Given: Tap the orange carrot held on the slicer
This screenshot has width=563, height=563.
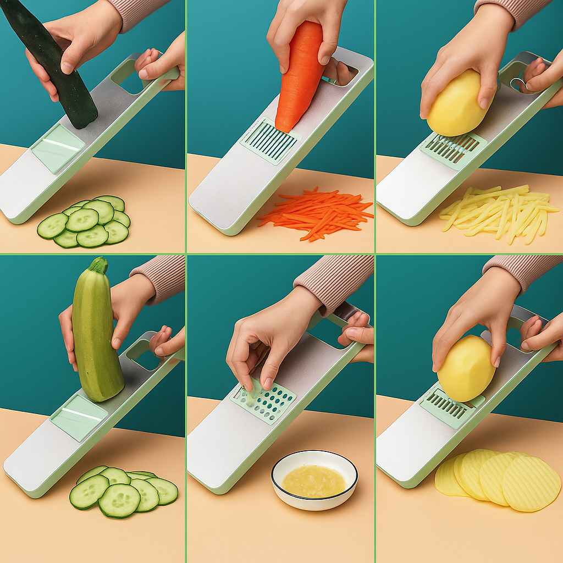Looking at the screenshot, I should [x=299, y=77].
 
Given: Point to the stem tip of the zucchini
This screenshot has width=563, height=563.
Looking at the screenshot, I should [x=99, y=264].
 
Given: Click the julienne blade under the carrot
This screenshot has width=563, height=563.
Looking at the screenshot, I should [x=269, y=141].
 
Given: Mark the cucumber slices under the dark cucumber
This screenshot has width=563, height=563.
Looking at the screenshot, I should [x=85, y=223].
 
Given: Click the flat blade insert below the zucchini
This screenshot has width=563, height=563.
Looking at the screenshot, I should [x=79, y=417].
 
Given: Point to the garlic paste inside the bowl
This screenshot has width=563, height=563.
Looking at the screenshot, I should [x=313, y=481].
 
